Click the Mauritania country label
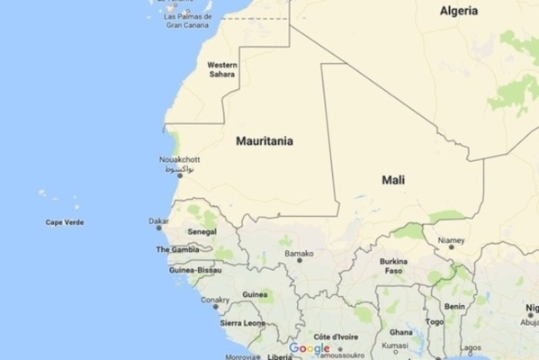[x=264, y=141]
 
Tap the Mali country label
[x=393, y=180]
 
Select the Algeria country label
[x=459, y=11]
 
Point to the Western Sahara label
[x=222, y=69]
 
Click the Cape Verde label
[x=65, y=222]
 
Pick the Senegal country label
[x=202, y=232]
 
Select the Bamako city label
[x=300, y=255]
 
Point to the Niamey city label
[x=451, y=241]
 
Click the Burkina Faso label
[x=393, y=265]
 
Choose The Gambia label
[x=177, y=249]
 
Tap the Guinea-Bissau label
[x=195, y=270]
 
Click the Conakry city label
[x=215, y=300]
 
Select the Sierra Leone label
[x=243, y=322]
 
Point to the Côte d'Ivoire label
[x=336, y=336]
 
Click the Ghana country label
[x=401, y=332]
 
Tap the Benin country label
[x=454, y=306]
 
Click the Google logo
[x=309, y=349]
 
